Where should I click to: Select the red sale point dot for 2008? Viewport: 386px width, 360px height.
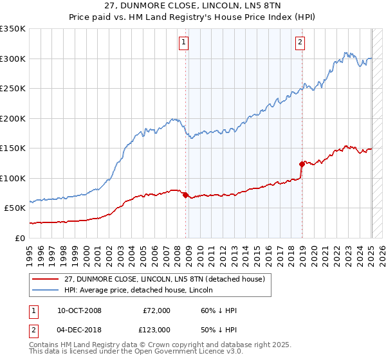(x=186, y=195)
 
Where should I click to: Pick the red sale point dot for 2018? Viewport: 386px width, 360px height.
(x=302, y=165)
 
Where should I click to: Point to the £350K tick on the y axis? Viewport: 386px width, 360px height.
(x=13, y=29)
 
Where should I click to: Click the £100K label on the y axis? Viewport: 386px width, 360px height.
(x=13, y=178)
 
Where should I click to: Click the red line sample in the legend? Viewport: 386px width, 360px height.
(x=45, y=280)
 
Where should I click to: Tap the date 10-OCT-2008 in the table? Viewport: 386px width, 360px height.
(x=79, y=311)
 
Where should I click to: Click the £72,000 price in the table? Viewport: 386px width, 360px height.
(x=156, y=311)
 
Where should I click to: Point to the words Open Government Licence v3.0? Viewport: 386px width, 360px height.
(x=196, y=353)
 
